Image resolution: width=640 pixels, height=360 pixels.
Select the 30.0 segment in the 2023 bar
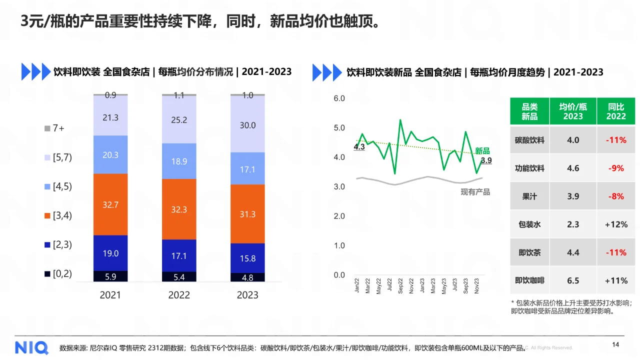coord(247,125)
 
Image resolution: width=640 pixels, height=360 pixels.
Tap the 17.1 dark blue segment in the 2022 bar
coord(178,255)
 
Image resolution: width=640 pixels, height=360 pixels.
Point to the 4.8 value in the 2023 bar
coord(247,277)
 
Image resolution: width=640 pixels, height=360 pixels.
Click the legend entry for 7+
coord(54,128)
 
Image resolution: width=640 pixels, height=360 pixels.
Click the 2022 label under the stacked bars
coord(179,295)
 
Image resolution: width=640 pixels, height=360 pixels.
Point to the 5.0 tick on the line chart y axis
coord(339,128)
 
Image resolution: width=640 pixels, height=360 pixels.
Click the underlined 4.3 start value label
coord(359,147)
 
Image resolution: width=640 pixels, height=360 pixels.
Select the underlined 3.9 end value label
coord(486,160)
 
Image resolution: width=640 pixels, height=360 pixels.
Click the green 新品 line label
coord(482,151)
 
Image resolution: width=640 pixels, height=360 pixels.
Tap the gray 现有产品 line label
coord(475,192)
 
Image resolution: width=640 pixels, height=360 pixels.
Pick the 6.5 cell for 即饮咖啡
coord(573,280)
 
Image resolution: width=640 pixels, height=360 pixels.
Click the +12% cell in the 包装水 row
coord(616,224)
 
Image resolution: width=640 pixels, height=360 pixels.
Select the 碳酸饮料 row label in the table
coord(529,140)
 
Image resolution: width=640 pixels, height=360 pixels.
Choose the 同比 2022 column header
coord(616,111)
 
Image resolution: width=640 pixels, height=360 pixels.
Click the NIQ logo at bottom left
coord(31,347)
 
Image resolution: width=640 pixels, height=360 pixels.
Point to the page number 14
coord(615,344)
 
